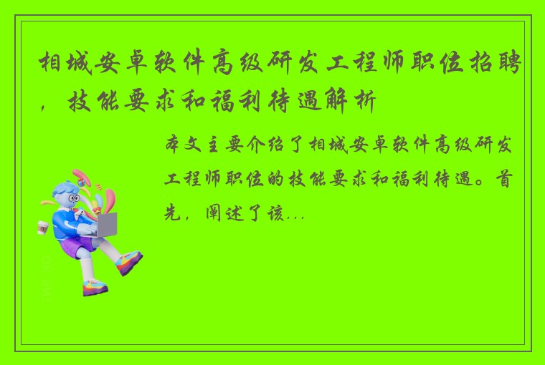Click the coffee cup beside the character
click(42, 228)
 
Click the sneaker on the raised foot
click(129, 261)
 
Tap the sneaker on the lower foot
click(94, 288)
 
